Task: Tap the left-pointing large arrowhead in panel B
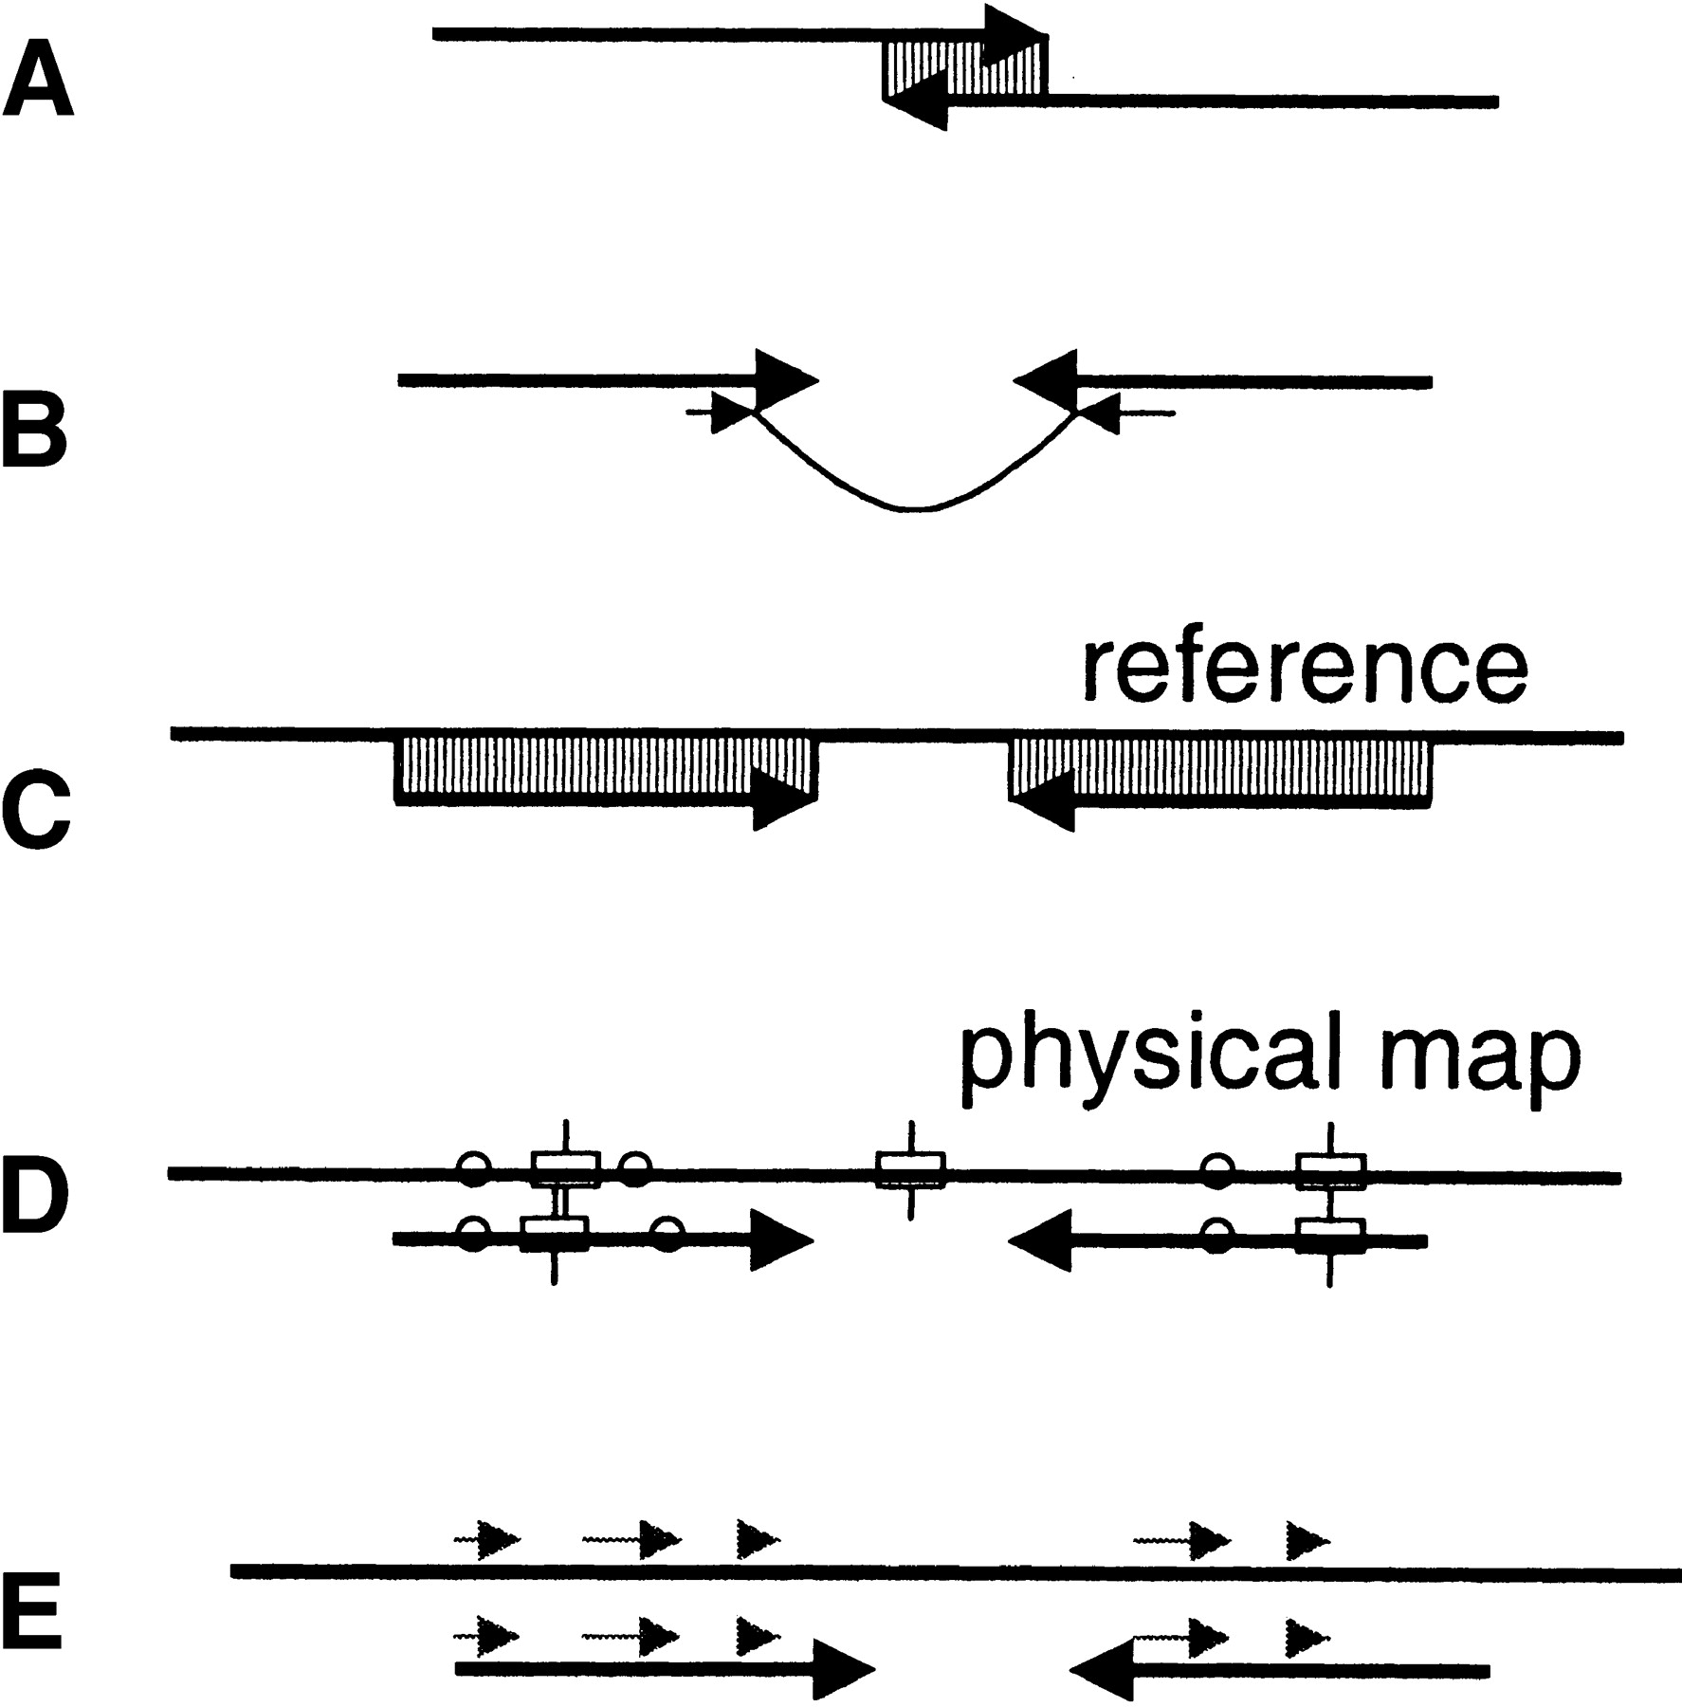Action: [x=1046, y=381]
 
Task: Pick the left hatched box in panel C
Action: [x=605, y=766]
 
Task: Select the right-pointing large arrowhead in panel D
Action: [x=780, y=1239]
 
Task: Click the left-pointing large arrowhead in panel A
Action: [x=916, y=101]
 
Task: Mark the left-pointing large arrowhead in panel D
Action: [x=1041, y=1239]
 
